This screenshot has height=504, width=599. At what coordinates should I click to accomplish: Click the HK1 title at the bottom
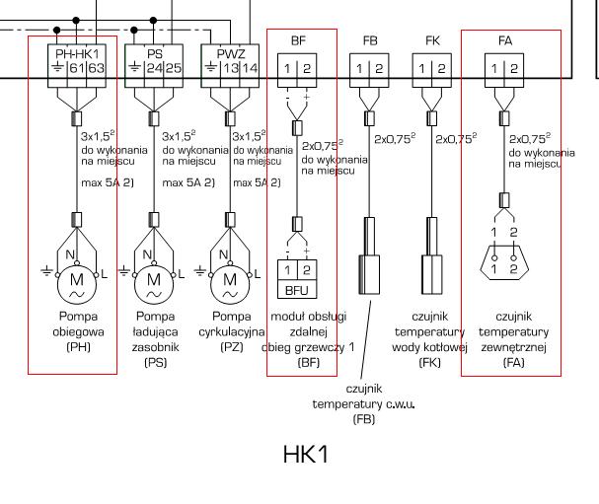tap(304, 455)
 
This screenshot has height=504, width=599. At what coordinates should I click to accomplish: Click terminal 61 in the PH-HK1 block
tap(76, 68)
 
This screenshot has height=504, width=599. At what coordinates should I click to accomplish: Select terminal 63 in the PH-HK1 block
tap(95, 68)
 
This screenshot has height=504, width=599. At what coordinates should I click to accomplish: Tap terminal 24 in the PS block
tap(154, 68)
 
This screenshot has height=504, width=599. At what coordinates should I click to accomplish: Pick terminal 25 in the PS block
tap(173, 68)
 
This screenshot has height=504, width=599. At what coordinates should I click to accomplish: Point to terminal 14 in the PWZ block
tap(250, 68)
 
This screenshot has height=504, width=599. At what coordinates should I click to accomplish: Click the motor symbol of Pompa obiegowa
tap(76, 280)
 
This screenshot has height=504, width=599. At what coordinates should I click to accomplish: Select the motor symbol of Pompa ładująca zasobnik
tap(154, 280)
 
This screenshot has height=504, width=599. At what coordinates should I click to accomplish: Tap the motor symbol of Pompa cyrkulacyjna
tap(231, 280)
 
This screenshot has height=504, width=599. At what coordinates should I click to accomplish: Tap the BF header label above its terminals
tap(298, 40)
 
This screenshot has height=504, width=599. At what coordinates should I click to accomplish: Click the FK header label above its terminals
tap(432, 40)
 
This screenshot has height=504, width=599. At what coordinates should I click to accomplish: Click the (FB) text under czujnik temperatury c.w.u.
tap(363, 419)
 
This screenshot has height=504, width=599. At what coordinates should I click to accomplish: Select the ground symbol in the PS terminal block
tap(135, 68)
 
